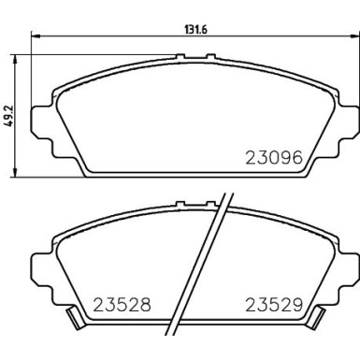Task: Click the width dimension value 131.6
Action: [194, 27]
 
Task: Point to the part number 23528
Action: [122, 304]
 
